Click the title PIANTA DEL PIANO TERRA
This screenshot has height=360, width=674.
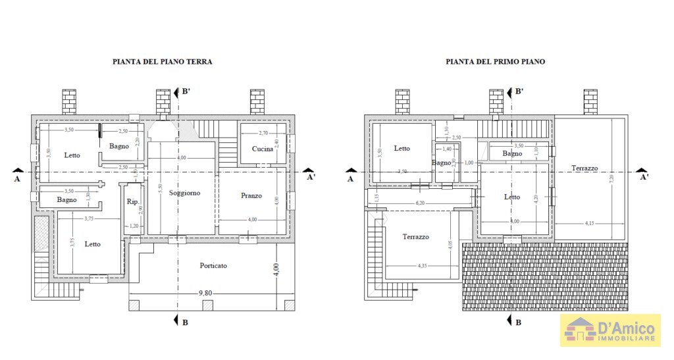(x=163, y=62)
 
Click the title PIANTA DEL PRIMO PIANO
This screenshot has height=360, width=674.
(x=495, y=62)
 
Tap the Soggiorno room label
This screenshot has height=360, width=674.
(x=184, y=193)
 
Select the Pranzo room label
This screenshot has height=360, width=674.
(x=251, y=195)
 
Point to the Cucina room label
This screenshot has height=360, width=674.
(x=262, y=149)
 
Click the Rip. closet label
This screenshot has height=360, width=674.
(x=132, y=202)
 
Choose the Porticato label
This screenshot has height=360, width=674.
(x=213, y=266)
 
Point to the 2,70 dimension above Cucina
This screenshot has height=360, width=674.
(x=263, y=134)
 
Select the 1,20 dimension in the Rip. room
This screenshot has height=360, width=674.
(x=134, y=226)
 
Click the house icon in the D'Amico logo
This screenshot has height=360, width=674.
(x=579, y=330)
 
